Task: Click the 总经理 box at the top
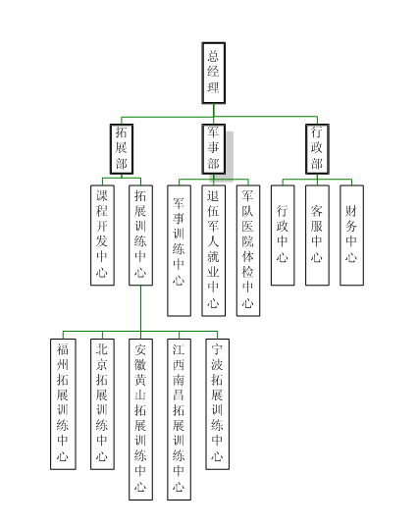click(x=215, y=73)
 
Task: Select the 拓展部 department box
click(x=122, y=148)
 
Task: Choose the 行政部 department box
click(x=316, y=148)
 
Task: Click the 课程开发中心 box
click(x=102, y=234)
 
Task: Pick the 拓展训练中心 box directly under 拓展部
click(x=140, y=234)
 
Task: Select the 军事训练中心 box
click(x=179, y=249)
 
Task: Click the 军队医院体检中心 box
click(x=248, y=249)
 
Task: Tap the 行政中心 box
click(x=283, y=234)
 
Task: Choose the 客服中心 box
click(x=317, y=234)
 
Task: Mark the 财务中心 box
click(x=351, y=234)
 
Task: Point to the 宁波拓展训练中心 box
click(x=217, y=402)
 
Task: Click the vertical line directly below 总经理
click(x=215, y=110)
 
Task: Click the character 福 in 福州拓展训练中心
click(x=63, y=349)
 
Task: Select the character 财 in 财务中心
click(x=351, y=209)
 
